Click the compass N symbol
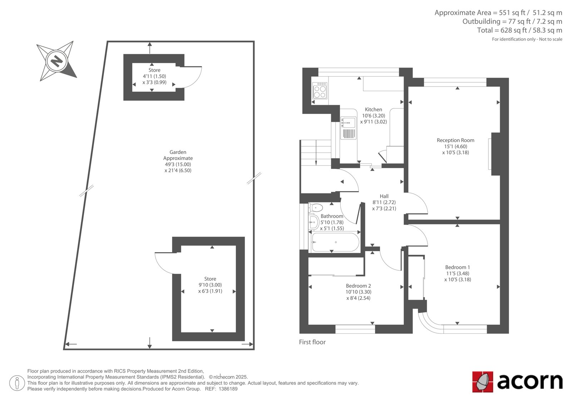coord(56,61)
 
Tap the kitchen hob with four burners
coord(320,90)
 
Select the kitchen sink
coord(348,128)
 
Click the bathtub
coord(335,242)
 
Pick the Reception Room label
coord(455,140)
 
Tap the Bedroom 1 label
coord(457,267)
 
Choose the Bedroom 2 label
coord(358,286)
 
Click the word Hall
coord(384,196)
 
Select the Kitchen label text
coord(373,109)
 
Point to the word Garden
coord(178,152)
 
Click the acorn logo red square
coord(483,382)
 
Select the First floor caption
coord(312,342)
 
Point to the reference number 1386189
coord(228,389)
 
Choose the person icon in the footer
coord(17,383)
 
